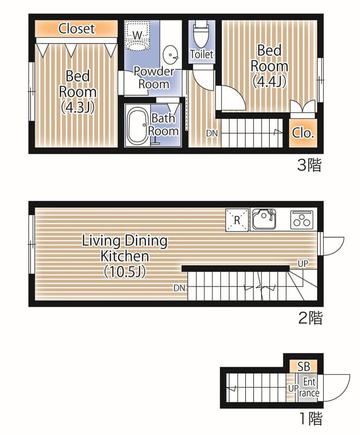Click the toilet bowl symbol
click(x=201, y=34)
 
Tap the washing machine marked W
click(x=137, y=35)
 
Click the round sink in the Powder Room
click(x=170, y=55)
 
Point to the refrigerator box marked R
click(x=237, y=220)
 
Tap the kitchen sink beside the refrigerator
click(x=264, y=219)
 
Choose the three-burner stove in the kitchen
click(x=302, y=219)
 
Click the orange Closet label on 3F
click(x=77, y=29)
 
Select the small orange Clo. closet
click(x=303, y=133)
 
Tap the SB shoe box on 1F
click(x=303, y=366)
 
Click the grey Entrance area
click(x=308, y=388)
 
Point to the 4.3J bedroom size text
click(x=78, y=108)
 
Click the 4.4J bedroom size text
click(x=269, y=82)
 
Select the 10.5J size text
click(x=125, y=272)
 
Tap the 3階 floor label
click(x=309, y=165)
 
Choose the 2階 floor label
click(x=311, y=318)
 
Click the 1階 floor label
click(x=311, y=418)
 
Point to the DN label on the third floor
click(x=212, y=133)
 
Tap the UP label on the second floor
click(x=303, y=263)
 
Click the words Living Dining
click(x=125, y=240)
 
